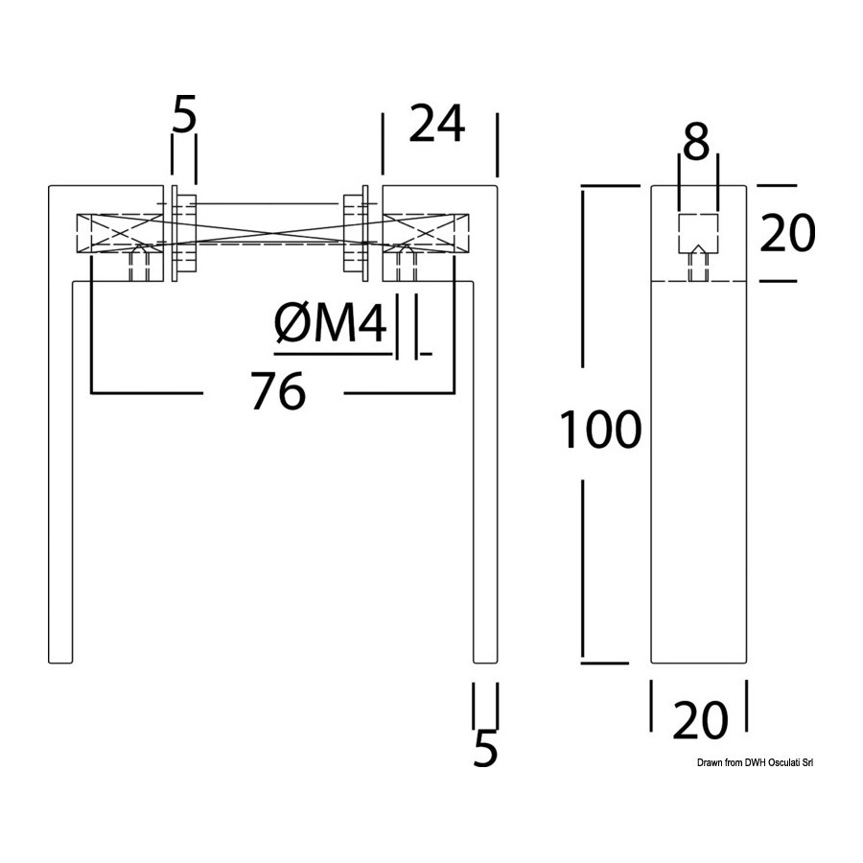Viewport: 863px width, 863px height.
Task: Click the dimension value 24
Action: pos(437,125)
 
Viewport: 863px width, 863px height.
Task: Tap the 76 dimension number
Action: pos(278,391)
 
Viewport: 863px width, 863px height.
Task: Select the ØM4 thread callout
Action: pos(330,324)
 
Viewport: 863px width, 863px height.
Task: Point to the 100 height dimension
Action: pos(600,430)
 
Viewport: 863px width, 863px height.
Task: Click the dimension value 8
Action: pos(697,142)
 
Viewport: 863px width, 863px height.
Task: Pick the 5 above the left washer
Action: pos(184,114)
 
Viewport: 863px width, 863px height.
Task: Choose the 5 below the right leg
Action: pos(485,748)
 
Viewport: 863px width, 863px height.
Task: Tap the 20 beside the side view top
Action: pos(787,233)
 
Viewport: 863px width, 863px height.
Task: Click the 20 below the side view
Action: pos(700,720)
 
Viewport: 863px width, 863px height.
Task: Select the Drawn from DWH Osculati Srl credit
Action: pos(756,763)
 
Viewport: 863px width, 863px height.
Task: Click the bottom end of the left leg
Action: pos(60,662)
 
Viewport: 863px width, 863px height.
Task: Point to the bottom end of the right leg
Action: pos(485,662)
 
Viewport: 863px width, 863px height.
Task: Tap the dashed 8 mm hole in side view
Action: pos(698,233)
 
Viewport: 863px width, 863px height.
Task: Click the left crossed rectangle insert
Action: pos(120,233)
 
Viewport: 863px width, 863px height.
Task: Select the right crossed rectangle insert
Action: pos(426,233)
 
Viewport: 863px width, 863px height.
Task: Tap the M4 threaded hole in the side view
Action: pos(698,265)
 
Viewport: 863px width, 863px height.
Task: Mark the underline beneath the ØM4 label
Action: pos(333,353)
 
